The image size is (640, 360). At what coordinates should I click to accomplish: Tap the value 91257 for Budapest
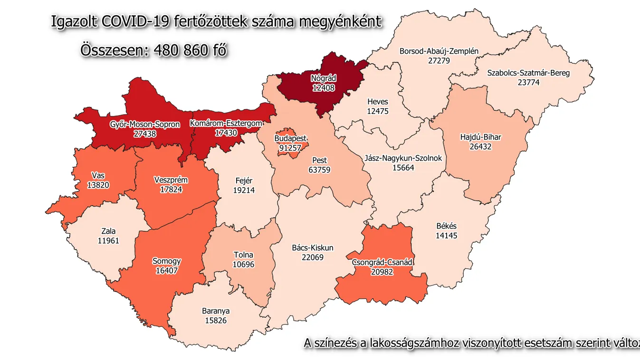point(291,147)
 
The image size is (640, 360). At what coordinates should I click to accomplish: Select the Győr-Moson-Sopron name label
point(145,125)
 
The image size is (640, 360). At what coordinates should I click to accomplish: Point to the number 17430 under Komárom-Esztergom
point(226,133)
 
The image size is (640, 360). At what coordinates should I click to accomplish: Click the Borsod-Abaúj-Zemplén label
point(439,51)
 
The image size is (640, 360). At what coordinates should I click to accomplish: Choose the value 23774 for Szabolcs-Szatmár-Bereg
point(528,82)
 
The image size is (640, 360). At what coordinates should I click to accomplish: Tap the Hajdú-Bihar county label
point(480,138)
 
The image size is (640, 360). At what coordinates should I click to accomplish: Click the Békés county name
point(447,226)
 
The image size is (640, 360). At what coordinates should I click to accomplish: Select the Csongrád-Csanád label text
point(382,262)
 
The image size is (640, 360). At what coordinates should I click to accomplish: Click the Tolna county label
point(243,255)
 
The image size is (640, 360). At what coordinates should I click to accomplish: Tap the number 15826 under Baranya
point(215,321)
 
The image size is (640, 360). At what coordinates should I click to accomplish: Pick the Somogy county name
point(166,261)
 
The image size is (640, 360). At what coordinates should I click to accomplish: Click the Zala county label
point(108,232)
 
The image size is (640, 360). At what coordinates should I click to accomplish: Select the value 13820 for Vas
point(99,185)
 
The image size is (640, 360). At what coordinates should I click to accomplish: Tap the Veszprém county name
point(171,180)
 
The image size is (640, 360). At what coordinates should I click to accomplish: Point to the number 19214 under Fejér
point(244,190)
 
